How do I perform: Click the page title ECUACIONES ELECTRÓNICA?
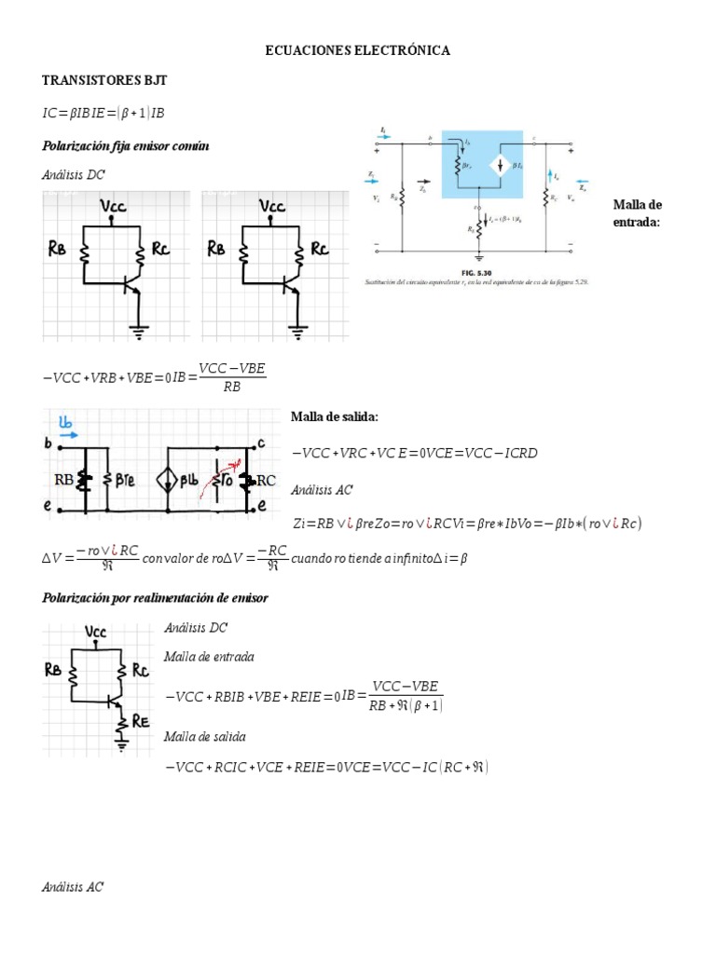pyautogui.click(x=358, y=50)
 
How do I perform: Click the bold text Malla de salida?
pyautogui.click(x=335, y=416)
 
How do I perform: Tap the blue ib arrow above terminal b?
pyautogui.click(x=67, y=429)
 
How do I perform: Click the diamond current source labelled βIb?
pyautogui.click(x=170, y=481)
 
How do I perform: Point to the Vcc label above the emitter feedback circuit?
pyautogui.click(x=96, y=632)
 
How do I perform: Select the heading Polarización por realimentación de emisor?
pyautogui.click(x=155, y=597)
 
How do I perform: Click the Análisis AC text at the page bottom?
pyautogui.click(x=73, y=887)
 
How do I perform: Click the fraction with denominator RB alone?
pyautogui.click(x=232, y=377)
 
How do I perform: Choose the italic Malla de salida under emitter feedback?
pyautogui.click(x=204, y=736)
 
